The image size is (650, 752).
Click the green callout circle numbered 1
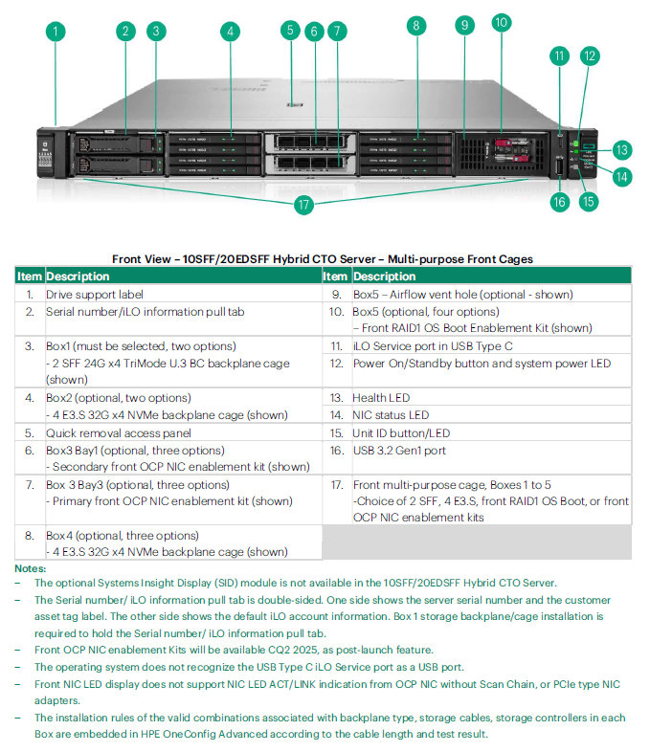[56, 31]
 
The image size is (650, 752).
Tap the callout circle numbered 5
[291, 31]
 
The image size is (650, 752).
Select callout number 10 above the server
[502, 22]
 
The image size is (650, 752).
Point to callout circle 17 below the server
[303, 204]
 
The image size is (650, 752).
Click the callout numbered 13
[622, 150]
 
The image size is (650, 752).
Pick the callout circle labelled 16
[560, 201]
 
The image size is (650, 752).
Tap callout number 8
[415, 26]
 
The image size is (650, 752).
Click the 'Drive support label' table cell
[95, 295]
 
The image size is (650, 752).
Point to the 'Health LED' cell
[384, 398]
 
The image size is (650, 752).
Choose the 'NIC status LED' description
[391, 415]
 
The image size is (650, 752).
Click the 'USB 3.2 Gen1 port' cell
[399, 450]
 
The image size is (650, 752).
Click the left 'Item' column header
[30, 276]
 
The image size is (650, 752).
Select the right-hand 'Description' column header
[384, 276]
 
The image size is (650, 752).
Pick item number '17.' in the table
[337, 485]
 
